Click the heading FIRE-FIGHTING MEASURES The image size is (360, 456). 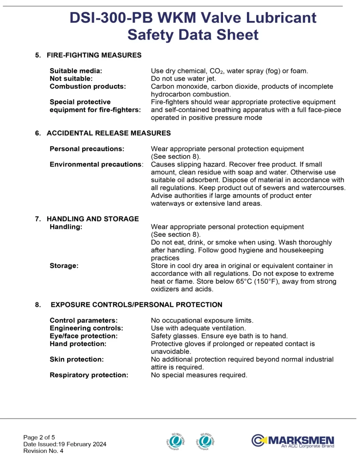pyautogui.click(x=94, y=55)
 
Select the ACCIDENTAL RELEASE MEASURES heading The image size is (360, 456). pyautogui.click(x=109, y=133)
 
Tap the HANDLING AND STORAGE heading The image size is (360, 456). pyautogui.click(x=93, y=219)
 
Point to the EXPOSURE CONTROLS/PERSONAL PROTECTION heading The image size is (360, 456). pyautogui.click(x=137, y=305)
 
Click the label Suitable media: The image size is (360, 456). pyautogui.click(x=76, y=71)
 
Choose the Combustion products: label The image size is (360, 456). pyautogui.click(x=88, y=86)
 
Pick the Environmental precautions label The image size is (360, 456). pyautogui.click(x=96, y=164)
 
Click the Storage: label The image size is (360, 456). pyautogui.click(x=64, y=266)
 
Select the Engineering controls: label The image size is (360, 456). pyautogui.click(x=86, y=328)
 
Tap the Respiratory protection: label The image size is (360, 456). pyautogui.click(x=89, y=375)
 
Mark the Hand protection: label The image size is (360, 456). pyautogui.click(x=78, y=344)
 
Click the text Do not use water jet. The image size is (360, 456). pyautogui.click(x=183, y=79)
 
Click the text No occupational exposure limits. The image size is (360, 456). pyautogui.click(x=202, y=320)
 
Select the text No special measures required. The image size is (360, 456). pyautogui.click(x=199, y=375)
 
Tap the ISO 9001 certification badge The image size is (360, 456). pyautogui.click(x=174, y=440)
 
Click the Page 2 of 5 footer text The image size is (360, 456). pyautogui.click(x=39, y=437)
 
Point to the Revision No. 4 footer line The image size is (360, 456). pyautogui.click(x=43, y=451)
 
